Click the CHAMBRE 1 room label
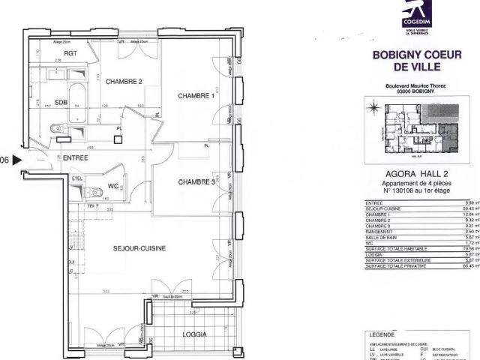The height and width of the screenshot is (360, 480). (196, 96)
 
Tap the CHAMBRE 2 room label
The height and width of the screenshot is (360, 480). (124, 82)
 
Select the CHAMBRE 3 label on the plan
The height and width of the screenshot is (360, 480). (196, 182)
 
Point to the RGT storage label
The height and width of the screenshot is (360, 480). (71, 54)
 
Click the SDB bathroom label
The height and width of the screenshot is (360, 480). (61, 103)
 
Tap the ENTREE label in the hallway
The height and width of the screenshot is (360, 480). (76, 158)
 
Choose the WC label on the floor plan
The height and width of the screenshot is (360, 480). (114, 186)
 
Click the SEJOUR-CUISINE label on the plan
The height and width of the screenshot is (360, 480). (139, 247)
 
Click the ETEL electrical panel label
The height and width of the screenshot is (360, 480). (76, 178)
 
